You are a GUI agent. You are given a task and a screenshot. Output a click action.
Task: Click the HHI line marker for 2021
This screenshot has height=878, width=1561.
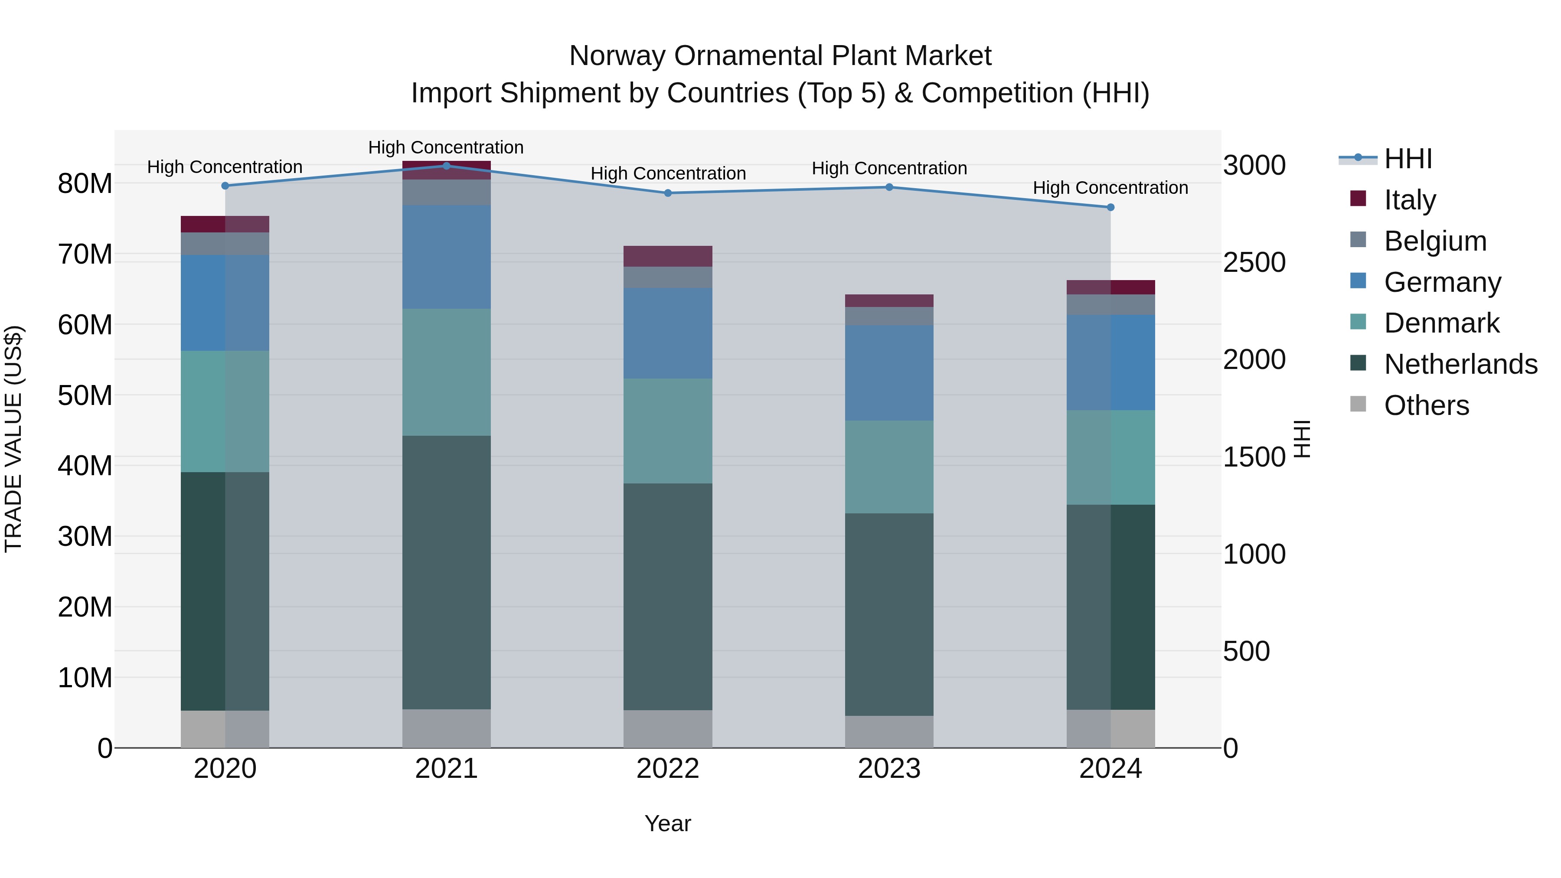[x=447, y=166]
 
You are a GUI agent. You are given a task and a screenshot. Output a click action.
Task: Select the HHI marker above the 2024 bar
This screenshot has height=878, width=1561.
[x=1110, y=207]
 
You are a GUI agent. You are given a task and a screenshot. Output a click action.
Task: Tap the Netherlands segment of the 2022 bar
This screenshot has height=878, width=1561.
[x=668, y=597]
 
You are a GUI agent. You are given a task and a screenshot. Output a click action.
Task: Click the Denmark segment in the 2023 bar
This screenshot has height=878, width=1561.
[x=889, y=467]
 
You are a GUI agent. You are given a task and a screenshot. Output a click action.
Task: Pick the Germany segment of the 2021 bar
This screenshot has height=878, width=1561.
[x=447, y=257]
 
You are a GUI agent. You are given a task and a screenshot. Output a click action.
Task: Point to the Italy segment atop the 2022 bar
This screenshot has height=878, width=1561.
[x=668, y=256]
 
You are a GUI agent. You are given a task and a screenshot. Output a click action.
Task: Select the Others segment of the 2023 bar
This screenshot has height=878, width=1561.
[x=889, y=731]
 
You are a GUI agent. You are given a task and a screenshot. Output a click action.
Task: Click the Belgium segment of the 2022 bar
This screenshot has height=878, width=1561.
[x=668, y=277]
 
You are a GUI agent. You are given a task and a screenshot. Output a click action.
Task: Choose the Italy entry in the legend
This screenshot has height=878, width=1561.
[x=1410, y=199]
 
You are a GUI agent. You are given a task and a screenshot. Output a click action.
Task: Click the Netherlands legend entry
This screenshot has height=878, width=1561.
[x=1460, y=364]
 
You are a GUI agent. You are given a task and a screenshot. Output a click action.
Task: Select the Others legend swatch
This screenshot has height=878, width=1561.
[x=1358, y=404]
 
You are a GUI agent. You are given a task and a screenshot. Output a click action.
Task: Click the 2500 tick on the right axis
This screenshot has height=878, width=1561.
[x=1254, y=262]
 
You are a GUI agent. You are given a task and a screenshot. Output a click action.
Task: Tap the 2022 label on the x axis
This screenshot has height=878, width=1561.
[x=668, y=769]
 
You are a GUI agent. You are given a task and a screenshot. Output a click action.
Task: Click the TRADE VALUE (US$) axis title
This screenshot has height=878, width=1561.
[x=13, y=439]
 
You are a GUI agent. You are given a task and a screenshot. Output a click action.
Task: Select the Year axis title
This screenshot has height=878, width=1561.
[x=668, y=823]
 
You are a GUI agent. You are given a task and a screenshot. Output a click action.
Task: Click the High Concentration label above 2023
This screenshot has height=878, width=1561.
[x=889, y=169]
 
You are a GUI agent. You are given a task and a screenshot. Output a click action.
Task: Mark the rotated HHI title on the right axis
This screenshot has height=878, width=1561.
[x=1302, y=439]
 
